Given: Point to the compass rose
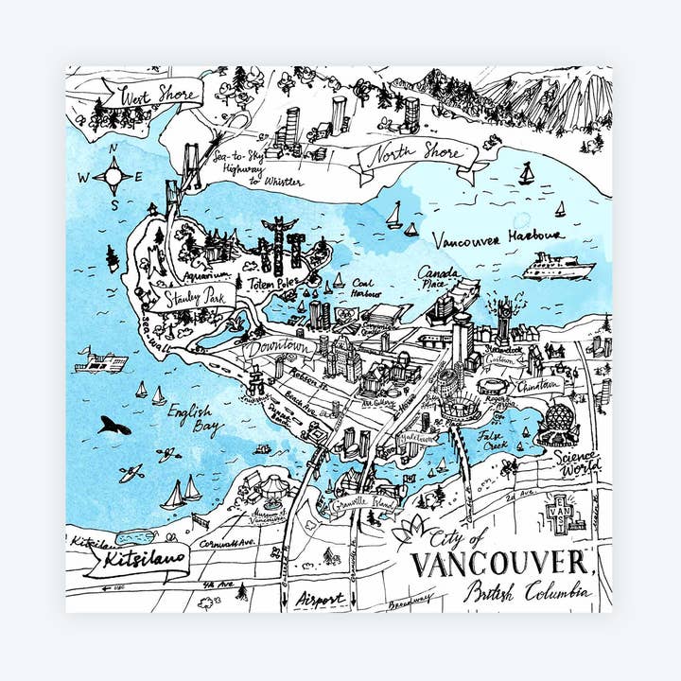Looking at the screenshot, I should (x=113, y=176).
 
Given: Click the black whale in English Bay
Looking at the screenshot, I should (x=113, y=427).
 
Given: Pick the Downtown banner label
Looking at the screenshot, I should (x=278, y=348).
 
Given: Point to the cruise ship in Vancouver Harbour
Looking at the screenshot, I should (x=558, y=267).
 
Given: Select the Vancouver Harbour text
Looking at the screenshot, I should (x=497, y=236).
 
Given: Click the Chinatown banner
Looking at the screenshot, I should (x=538, y=385).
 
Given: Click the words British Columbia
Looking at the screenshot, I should (x=527, y=593).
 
